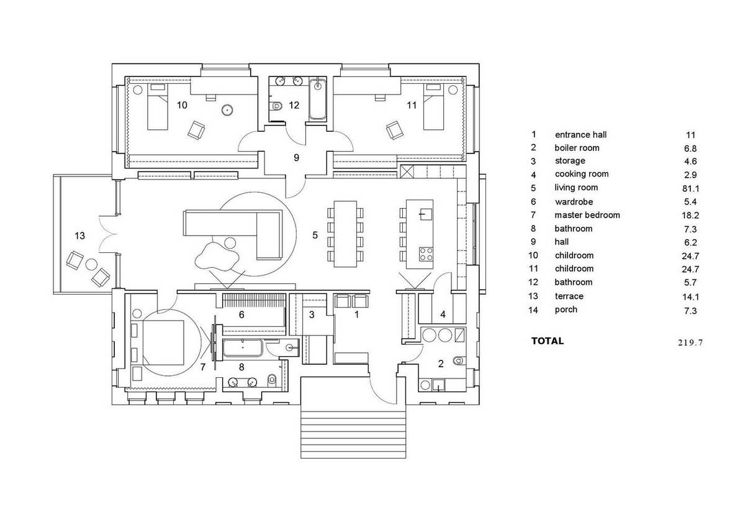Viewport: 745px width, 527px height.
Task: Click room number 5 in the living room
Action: click(315, 236)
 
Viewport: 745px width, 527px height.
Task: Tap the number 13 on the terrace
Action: click(80, 236)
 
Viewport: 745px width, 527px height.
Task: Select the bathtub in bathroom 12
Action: click(318, 99)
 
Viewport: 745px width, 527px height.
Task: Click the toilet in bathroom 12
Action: click(276, 106)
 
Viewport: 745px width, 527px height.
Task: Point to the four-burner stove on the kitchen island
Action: click(426, 254)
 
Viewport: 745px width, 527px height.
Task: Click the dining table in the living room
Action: click(345, 234)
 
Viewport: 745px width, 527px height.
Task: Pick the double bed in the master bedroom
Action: click(163, 342)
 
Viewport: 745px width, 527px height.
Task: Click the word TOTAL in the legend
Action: click(548, 341)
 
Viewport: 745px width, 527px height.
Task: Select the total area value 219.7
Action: click(690, 342)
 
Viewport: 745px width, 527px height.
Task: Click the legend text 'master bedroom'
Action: click(587, 215)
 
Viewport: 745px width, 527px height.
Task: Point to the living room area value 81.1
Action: click(690, 189)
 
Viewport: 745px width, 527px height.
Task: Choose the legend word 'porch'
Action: click(566, 310)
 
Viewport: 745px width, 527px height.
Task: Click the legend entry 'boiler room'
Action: click(577, 148)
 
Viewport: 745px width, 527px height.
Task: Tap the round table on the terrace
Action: click(91, 264)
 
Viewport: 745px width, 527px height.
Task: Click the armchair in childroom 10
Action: click(196, 130)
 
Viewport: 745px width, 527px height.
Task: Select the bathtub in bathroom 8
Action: click(243, 348)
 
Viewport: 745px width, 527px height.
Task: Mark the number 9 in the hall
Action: click(296, 158)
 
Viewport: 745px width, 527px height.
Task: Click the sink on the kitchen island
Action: click(425, 214)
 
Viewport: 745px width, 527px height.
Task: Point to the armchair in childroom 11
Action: click(395, 130)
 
